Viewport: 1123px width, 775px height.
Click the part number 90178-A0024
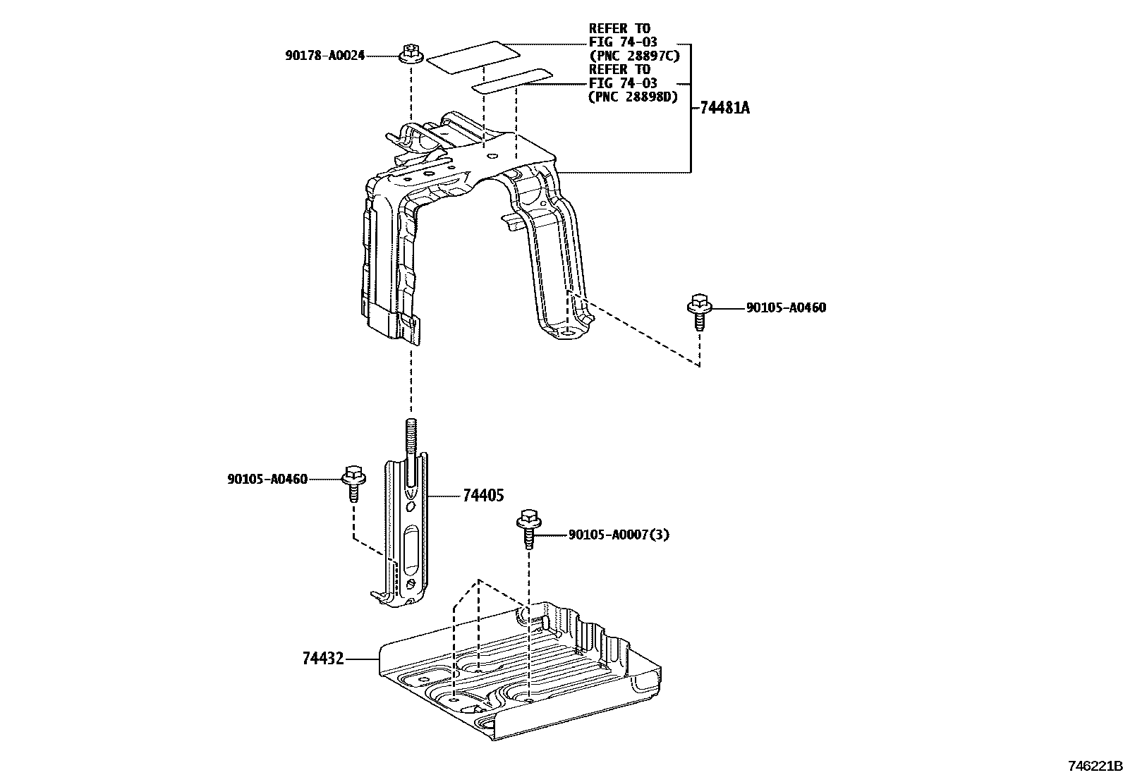click(x=325, y=55)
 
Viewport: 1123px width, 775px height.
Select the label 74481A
click(x=725, y=108)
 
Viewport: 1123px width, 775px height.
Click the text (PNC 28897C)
click(x=633, y=56)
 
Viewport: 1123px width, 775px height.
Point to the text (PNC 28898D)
click(x=633, y=97)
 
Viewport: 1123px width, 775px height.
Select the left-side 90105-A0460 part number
click(x=267, y=480)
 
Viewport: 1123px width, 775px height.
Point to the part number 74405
click(x=483, y=496)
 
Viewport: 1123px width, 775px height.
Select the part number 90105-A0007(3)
click(x=619, y=535)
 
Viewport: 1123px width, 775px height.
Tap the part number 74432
click(x=323, y=659)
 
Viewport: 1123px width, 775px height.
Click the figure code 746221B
click(x=1093, y=766)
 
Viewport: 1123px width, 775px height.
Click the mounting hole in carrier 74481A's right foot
click(x=569, y=329)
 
